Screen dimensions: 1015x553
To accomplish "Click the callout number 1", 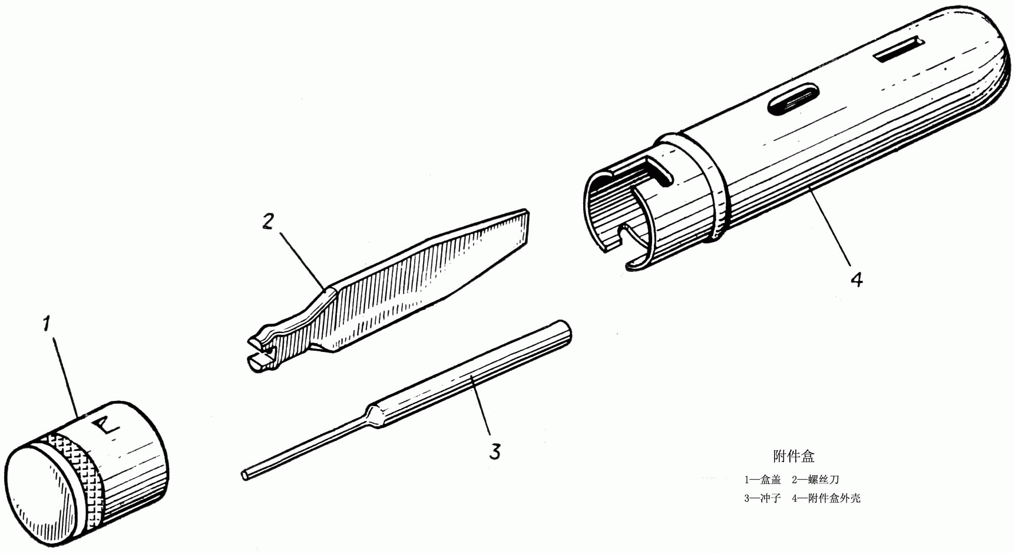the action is pos(47,324).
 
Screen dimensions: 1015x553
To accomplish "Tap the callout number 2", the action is pos(268,222).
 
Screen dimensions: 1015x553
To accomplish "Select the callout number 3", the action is pos(495,452).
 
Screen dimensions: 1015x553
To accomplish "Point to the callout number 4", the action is pos(857,279).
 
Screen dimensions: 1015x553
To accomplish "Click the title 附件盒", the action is pos(794,456).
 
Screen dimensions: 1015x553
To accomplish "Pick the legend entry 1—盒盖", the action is pos(762,480).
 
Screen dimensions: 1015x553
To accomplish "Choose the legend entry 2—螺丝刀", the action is pos(815,480).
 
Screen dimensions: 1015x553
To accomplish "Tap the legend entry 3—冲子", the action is pos(762,498).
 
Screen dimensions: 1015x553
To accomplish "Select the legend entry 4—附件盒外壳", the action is pos(826,498).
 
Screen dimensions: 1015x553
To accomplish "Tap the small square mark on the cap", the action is pos(106,426).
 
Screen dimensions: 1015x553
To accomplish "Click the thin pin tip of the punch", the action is pos(245,473).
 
